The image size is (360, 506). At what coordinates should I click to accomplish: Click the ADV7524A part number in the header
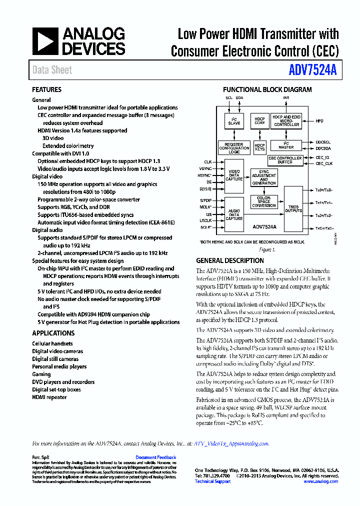coord(313,70)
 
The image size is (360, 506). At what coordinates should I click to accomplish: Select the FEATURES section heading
coord(47,90)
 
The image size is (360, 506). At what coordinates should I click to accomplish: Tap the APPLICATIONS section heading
coord(53,333)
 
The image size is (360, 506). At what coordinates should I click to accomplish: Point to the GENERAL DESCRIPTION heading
coord(230,260)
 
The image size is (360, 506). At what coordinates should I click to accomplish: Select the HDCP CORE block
coord(259,121)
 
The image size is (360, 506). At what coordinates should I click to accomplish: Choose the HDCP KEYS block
coord(259,147)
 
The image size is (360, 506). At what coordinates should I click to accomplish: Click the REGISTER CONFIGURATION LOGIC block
coord(234,148)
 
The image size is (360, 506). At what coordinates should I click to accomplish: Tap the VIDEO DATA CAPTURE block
coord(234,175)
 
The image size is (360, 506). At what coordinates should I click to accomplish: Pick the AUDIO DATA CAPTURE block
coord(234,213)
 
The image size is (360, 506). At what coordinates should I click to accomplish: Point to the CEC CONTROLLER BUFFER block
coord(285,160)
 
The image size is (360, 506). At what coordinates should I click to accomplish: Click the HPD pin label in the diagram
coord(319,121)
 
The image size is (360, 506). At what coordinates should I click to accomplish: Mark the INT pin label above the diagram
coord(286,98)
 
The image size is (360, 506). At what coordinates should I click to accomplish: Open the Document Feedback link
coord(156,457)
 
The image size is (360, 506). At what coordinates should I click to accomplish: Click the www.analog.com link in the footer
coord(320,481)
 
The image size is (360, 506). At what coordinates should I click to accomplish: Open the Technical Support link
coord(212,481)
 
